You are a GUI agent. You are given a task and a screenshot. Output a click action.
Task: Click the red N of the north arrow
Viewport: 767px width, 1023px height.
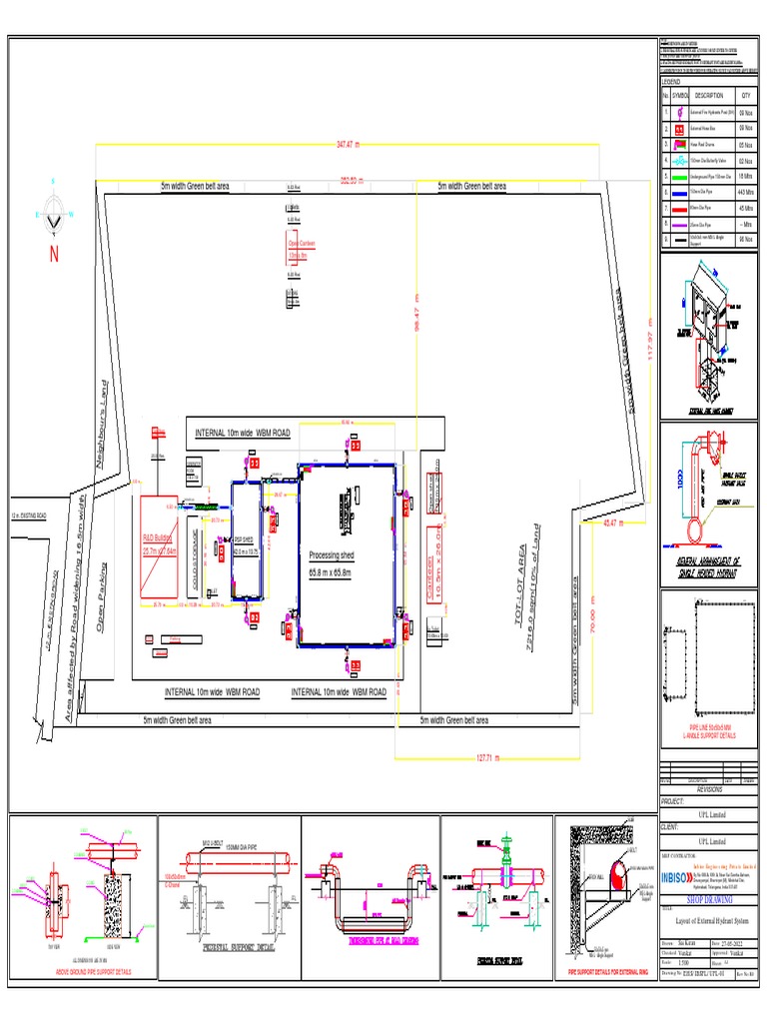(x=54, y=254)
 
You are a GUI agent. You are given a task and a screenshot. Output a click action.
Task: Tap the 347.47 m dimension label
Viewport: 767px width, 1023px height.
(x=347, y=145)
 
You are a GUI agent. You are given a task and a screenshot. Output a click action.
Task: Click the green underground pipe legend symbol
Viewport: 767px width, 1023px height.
(x=676, y=175)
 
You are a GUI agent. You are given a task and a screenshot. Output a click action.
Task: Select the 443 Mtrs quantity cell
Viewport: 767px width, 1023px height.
(x=744, y=190)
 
